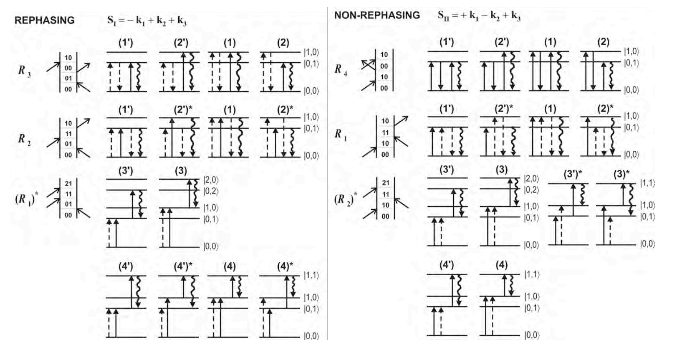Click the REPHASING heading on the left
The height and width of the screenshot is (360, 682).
point(44,20)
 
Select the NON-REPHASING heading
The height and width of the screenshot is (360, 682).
point(377,15)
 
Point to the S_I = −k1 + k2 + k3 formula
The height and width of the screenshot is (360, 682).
point(147,21)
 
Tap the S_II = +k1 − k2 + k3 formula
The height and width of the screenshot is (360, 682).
point(479,16)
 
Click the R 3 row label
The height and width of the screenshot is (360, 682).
point(24,70)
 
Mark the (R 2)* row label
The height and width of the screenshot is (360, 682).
point(345,199)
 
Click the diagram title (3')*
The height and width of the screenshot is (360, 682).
point(573,174)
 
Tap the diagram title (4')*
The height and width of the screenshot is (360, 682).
point(183,267)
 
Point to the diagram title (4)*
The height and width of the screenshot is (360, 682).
point(285,267)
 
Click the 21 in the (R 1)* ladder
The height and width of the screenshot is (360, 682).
point(68,184)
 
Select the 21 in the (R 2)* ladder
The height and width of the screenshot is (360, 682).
point(385,183)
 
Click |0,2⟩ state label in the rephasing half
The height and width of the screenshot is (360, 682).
point(211,191)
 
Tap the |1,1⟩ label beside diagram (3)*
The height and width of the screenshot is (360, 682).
point(647,183)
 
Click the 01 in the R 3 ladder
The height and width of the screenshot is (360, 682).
point(68,78)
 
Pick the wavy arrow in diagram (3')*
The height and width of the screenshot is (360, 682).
point(582,194)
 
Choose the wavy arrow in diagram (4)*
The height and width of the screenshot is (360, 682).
point(293,286)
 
